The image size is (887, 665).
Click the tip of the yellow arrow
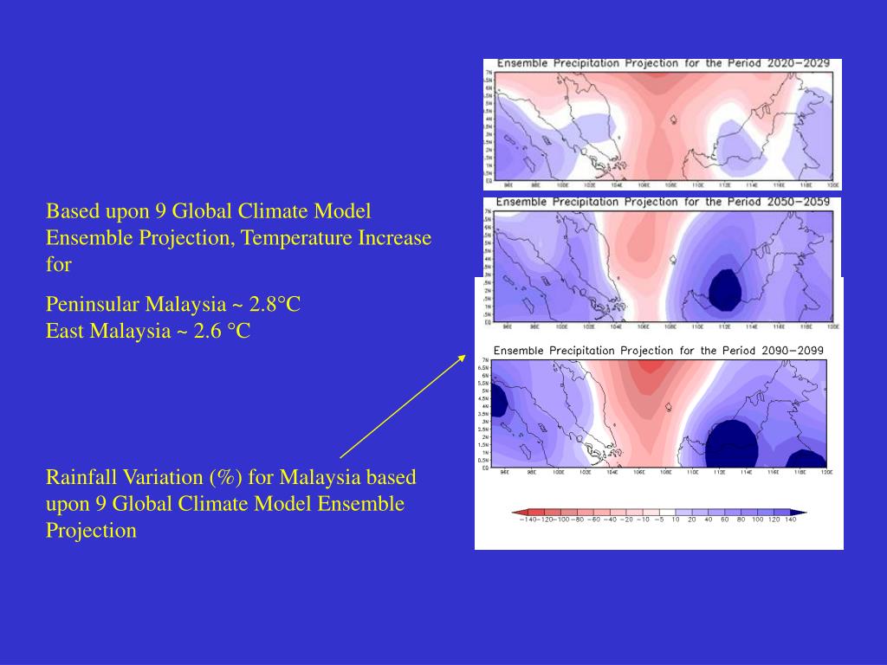point(466,354)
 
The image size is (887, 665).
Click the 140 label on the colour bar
point(789,520)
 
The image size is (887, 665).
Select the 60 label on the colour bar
point(724,520)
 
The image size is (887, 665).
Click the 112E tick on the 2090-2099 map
point(719,473)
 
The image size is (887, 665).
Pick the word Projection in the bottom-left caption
point(91,531)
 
